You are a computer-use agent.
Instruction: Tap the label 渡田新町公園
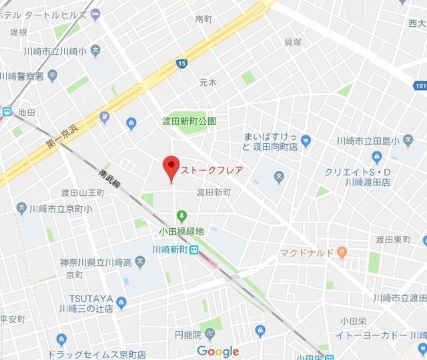pyautogui.click(x=189, y=121)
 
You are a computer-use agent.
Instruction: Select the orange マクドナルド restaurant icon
pyautogui.click(x=342, y=251)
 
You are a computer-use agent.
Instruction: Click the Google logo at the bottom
pyautogui.click(x=218, y=351)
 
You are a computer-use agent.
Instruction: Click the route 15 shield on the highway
pyautogui.click(x=182, y=64)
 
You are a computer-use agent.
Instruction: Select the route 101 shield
pyautogui.click(x=420, y=85)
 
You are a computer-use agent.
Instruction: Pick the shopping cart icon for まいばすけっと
pyautogui.click(x=306, y=141)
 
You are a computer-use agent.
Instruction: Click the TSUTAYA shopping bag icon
pyautogui.click(x=121, y=303)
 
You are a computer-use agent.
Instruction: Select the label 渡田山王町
pyautogui.click(x=82, y=193)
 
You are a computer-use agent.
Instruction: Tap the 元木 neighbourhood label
pyautogui.click(x=208, y=83)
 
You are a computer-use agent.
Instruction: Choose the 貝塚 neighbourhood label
pyautogui.click(x=293, y=42)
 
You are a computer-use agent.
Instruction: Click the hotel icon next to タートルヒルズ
pyautogui.click(x=95, y=13)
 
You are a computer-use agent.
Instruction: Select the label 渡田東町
pyautogui.click(x=392, y=239)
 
